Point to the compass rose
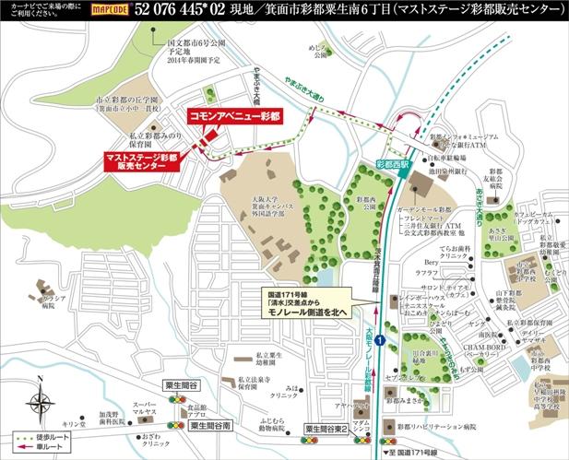pos(40,403)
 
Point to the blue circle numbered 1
pos(379,342)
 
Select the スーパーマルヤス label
pos(143,410)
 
